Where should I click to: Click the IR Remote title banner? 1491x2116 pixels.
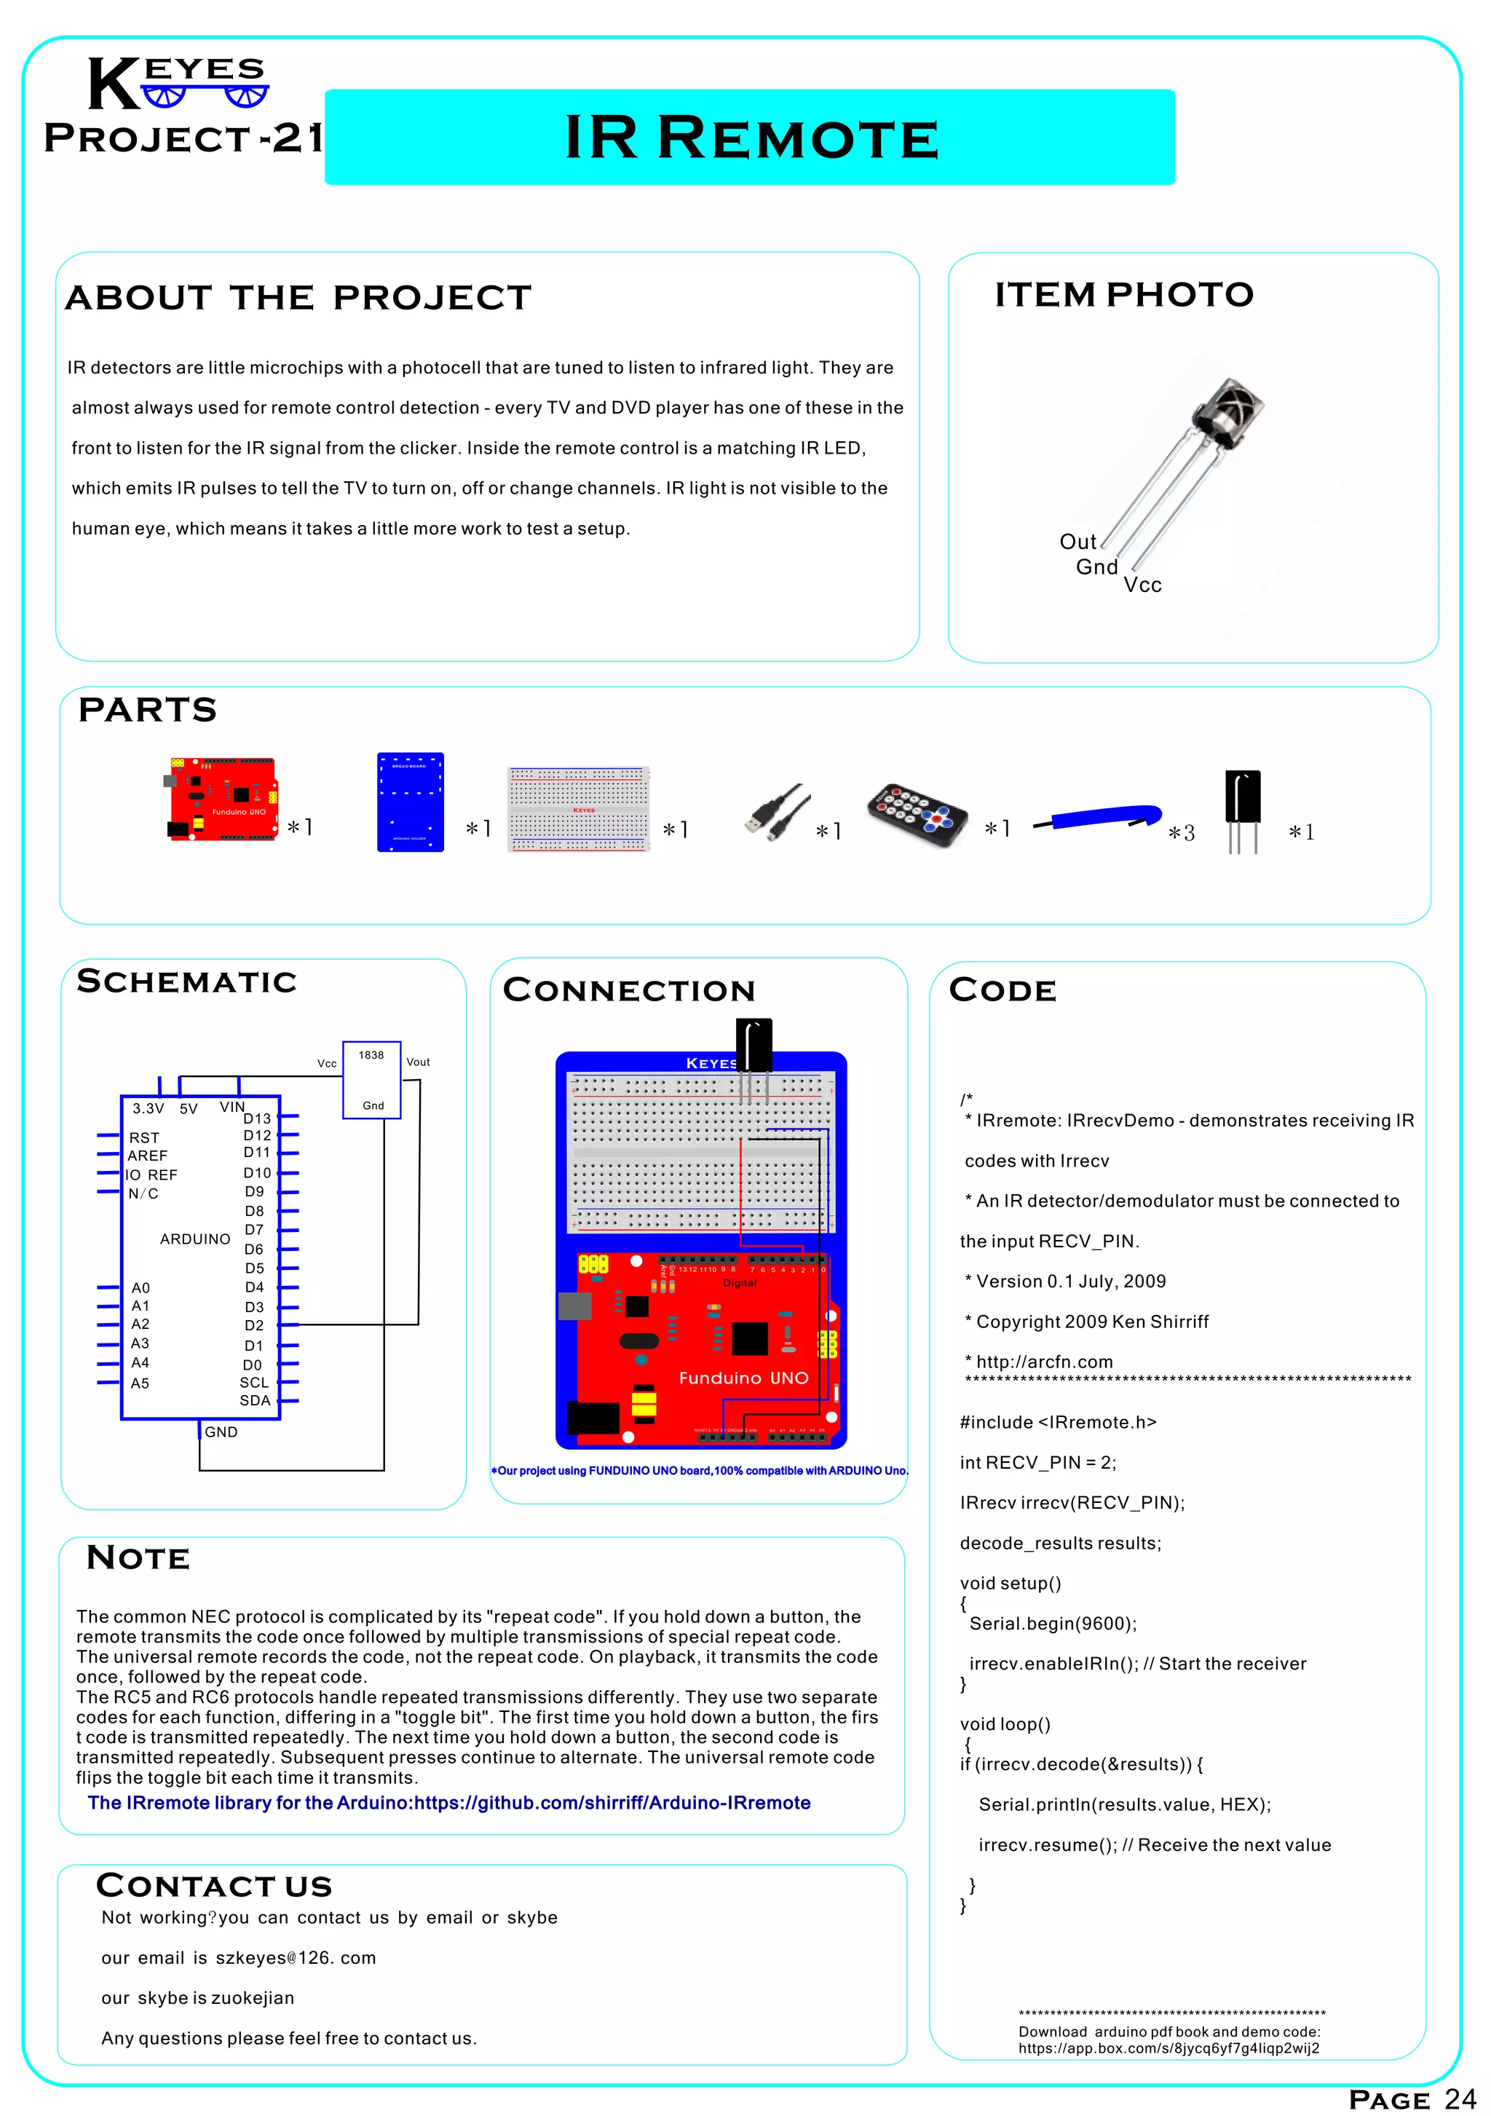coord(749,138)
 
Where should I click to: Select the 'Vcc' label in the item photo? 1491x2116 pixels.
coord(1142,585)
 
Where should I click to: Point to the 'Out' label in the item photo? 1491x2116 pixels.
coord(1077,542)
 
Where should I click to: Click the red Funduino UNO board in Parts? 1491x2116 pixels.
coord(222,798)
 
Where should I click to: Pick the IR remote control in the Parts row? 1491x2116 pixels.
coord(917,815)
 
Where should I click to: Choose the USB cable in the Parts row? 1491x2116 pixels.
coord(777,811)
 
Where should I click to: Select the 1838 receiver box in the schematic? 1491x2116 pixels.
coord(371,1079)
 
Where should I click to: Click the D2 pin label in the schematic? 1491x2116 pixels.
coord(253,1325)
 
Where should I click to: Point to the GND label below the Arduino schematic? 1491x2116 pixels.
coord(221,1432)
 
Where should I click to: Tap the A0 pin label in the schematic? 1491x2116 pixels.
coord(140,1287)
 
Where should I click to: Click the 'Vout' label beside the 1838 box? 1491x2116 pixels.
coord(417,1062)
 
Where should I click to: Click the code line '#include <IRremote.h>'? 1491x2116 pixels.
coord(1057,1422)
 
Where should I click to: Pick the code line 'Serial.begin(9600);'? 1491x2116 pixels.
coord(1052,1624)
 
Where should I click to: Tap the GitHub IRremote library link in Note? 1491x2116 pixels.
coord(448,1803)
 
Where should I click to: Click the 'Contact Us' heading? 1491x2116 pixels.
coord(214,1886)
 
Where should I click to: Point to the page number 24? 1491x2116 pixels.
coord(1460,2099)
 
